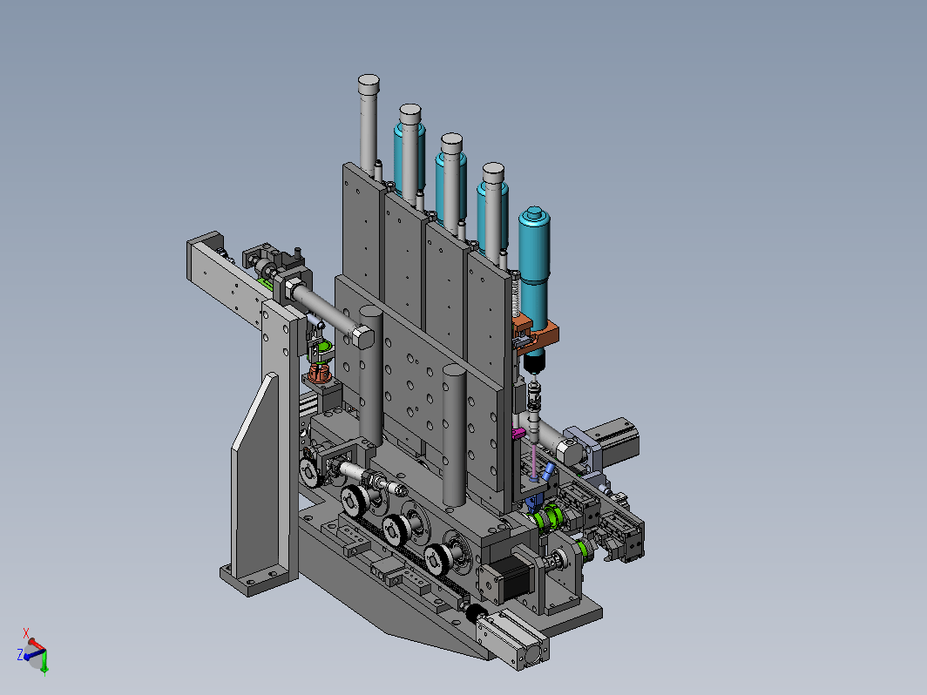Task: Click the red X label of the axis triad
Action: tap(26, 633)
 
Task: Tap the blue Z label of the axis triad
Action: tap(20, 654)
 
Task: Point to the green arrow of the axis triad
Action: tap(44, 663)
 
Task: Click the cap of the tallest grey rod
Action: tap(369, 83)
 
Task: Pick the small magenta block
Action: tap(518, 434)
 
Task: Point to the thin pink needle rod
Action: tap(534, 462)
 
